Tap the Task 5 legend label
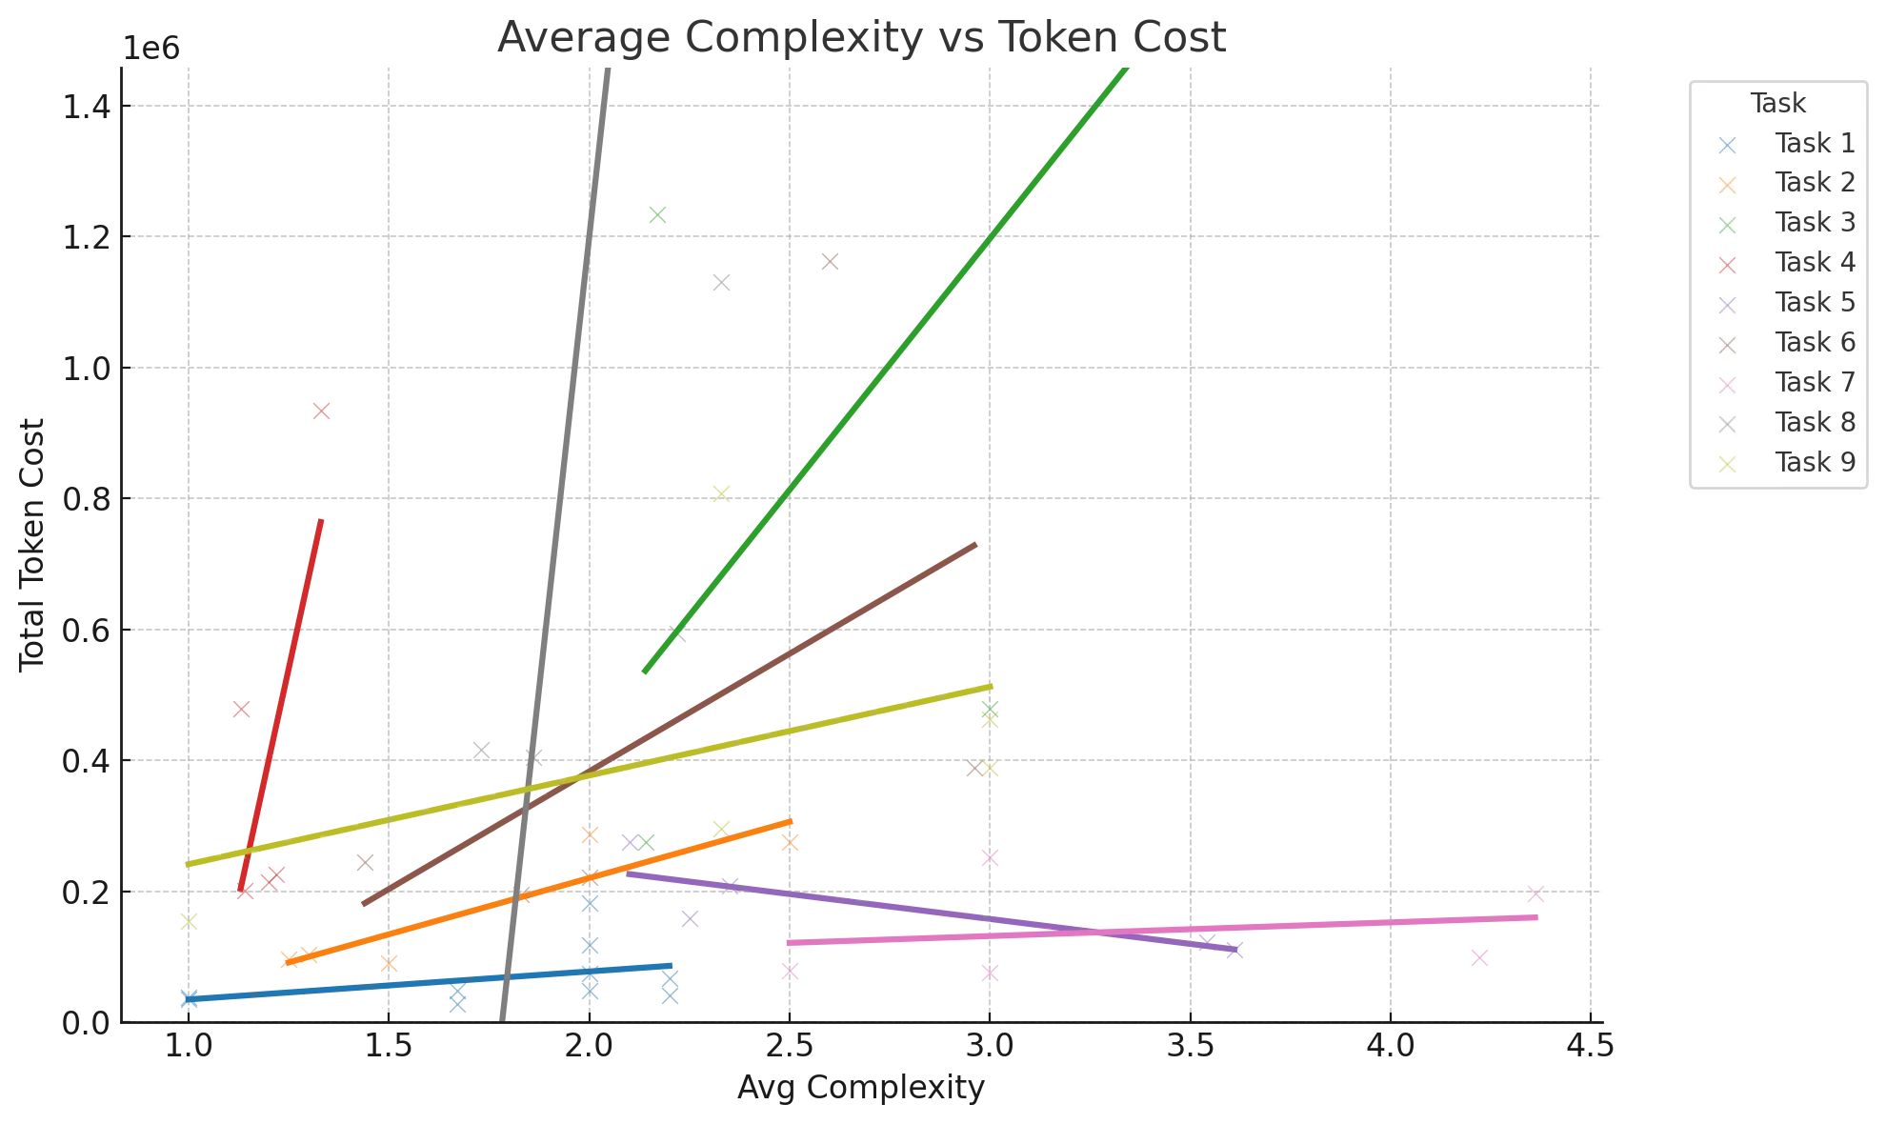(x=1814, y=303)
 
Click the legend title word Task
(x=1777, y=103)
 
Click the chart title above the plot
(x=860, y=36)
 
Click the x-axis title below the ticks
(x=860, y=1089)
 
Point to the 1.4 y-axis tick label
(x=95, y=107)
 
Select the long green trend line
(x=886, y=371)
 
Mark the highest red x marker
(x=324, y=411)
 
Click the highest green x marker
(x=658, y=218)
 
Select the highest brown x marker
(x=831, y=263)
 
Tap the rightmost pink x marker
(x=1535, y=895)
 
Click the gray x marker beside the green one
(x=720, y=282)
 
